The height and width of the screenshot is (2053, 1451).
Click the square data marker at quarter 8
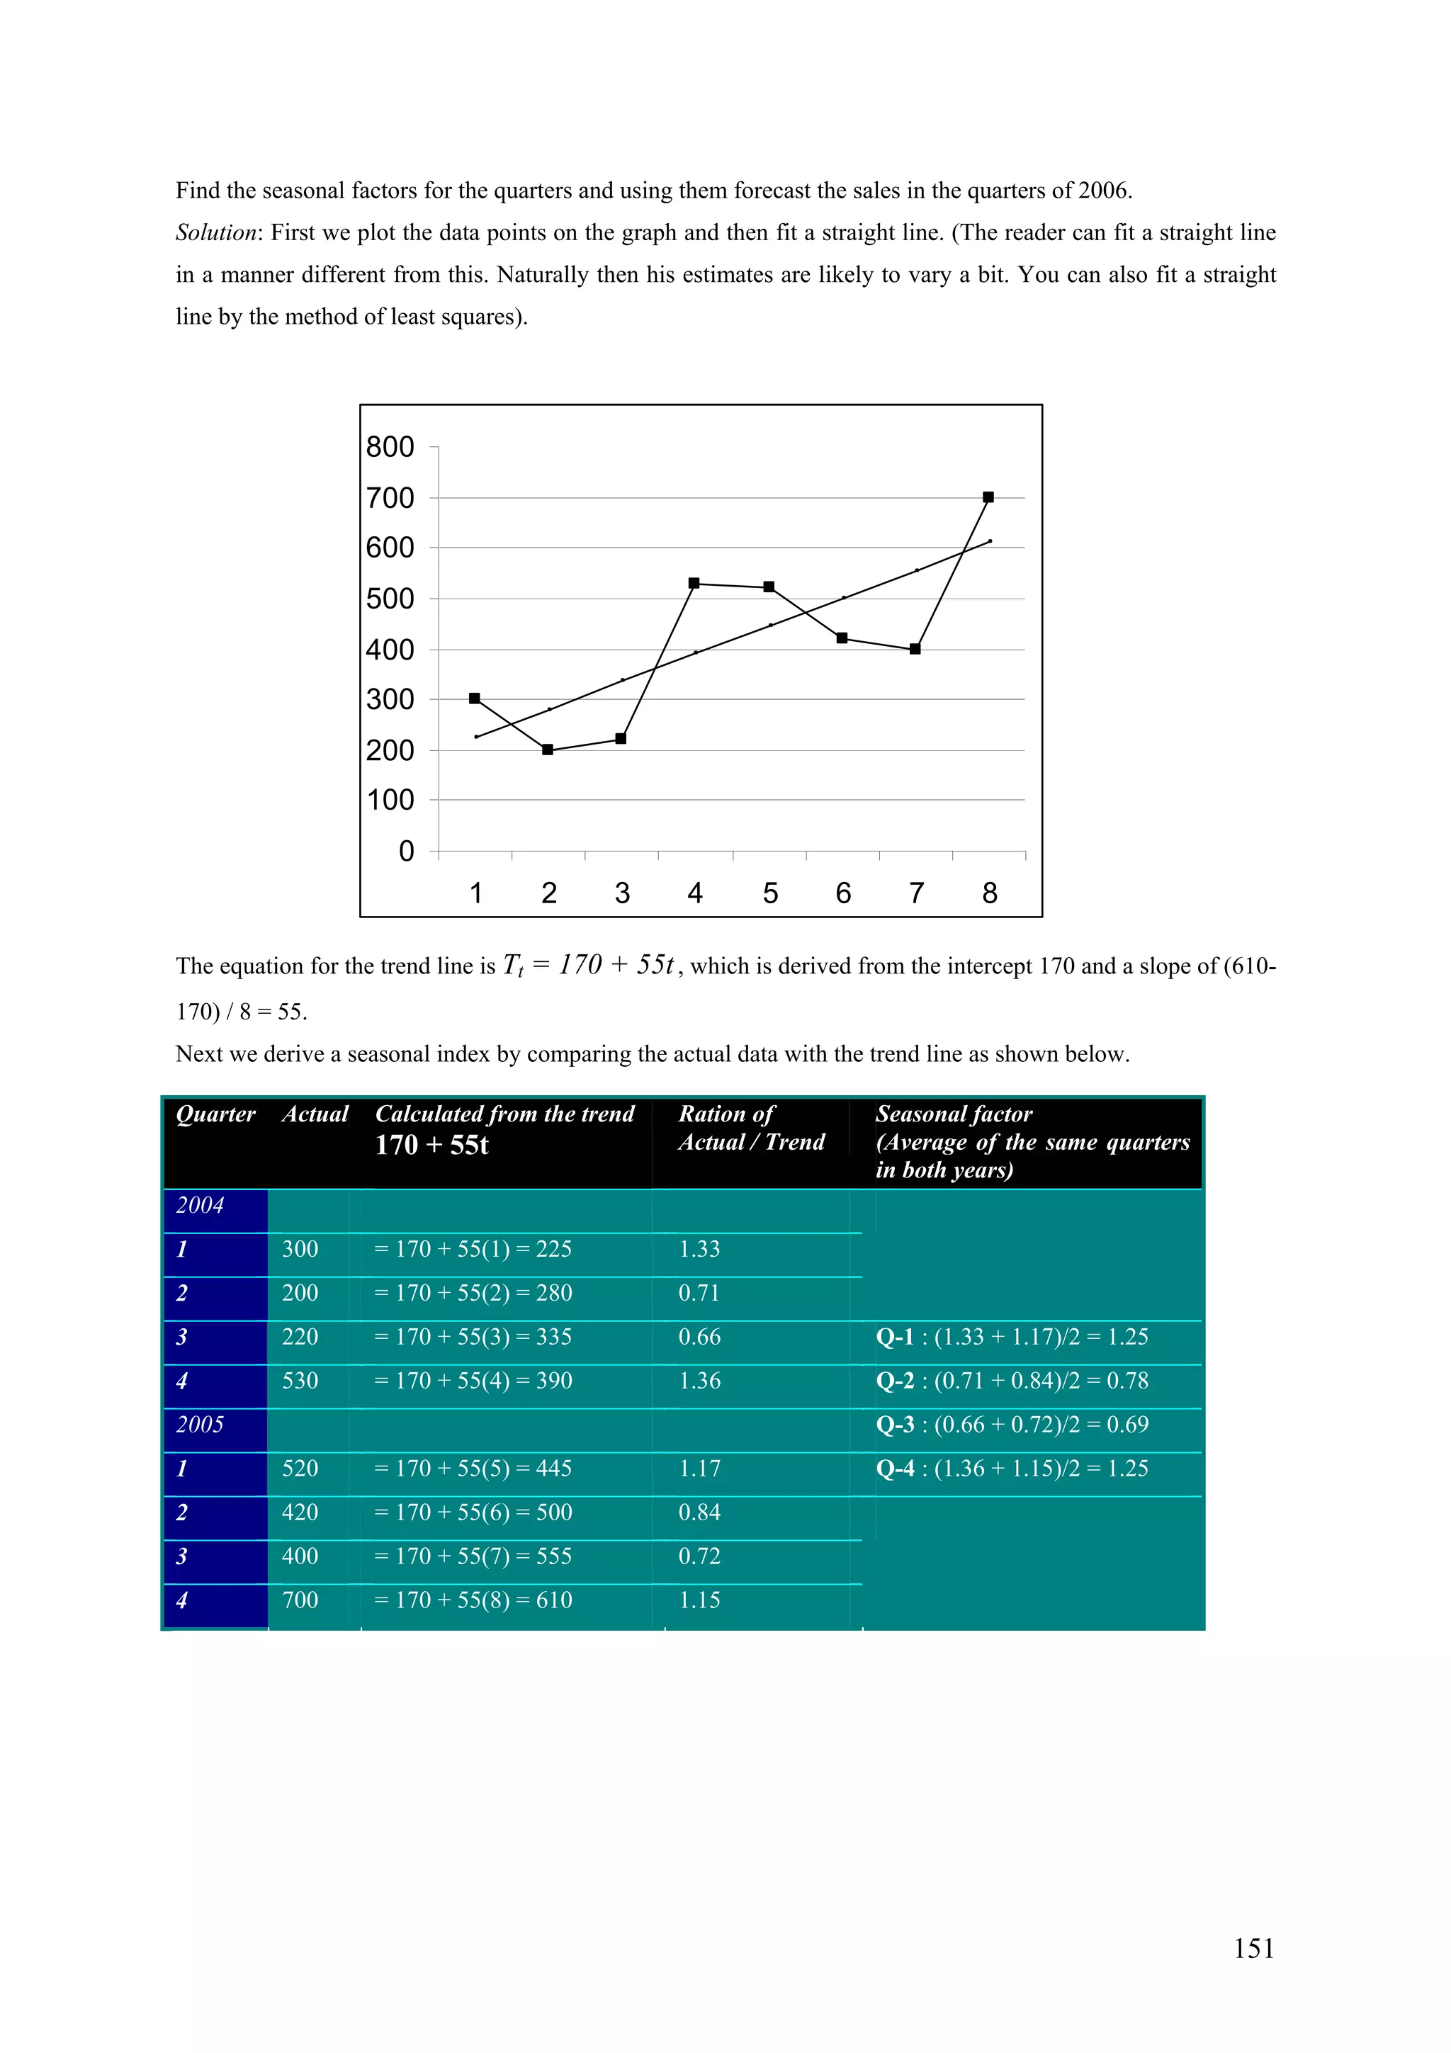click(x=988, y=497)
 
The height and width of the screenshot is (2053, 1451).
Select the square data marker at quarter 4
click(x=694, y=583)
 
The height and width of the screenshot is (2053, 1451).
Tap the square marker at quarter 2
click(x=548, y=750)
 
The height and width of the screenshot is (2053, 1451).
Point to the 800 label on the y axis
click(x=390, y=446)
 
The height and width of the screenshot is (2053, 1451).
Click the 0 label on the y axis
click(x=406, y=850)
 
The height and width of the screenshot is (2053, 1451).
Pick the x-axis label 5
click(x=769, y=893)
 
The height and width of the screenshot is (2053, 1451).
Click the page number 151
click(x=1253, y=1947)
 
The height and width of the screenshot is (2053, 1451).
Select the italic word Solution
click(x=216, y=232)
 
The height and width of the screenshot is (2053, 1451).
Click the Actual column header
click(x=315, y=1114)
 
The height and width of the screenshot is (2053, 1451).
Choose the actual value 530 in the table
click(x=300, y=1381)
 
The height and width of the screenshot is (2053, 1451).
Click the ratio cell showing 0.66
click(x=699, y=1337)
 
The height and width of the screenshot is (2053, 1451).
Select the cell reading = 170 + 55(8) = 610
click(x=474, y=1600)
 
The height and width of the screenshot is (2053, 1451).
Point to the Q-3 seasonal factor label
click(x=895, y=1425)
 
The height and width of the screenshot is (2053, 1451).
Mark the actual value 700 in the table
click(x=300, y=1600)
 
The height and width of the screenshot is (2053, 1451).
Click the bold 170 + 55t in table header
click(x=431, y=1145)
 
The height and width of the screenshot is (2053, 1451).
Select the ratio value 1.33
click(x=699, y=1249)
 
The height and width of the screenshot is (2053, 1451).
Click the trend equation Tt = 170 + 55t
click(x=588, y=965)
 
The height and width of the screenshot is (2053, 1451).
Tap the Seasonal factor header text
click(x=954, y=1114)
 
